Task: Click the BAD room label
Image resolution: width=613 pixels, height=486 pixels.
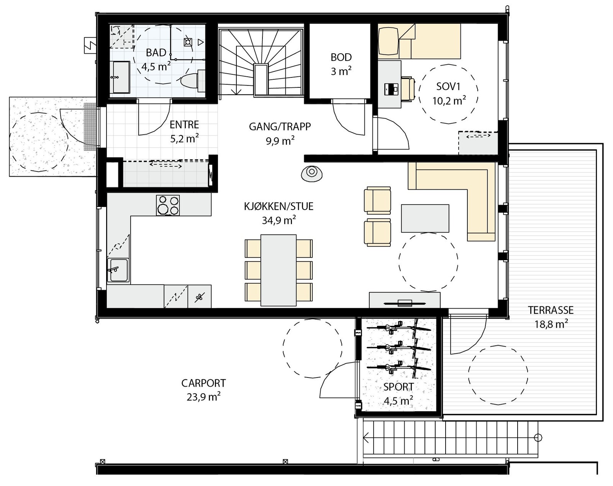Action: click(x=156, y=53)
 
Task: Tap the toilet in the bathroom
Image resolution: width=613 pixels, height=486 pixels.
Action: click(x=191, y=81)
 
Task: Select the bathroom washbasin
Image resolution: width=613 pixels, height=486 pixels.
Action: click(x=121, y=77)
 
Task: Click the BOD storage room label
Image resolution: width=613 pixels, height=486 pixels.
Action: click(x=341, y=57)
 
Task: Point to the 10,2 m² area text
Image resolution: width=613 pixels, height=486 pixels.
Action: click(x=449, y=101)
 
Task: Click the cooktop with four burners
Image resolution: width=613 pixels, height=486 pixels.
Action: click(x=168, y=205)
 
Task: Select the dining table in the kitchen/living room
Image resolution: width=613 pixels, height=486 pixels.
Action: click(x=278, y=270)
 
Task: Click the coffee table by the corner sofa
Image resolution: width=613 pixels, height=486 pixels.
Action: click(x=425, y=218)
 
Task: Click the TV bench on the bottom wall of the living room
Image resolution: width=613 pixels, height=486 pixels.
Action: click(x=405, y=300)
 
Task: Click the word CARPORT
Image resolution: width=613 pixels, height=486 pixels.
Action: click(x=203, y=383)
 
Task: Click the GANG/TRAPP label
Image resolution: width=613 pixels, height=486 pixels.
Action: click(x=280, y=126)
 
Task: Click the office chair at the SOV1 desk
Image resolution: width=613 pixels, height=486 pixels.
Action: click(x=408, y=89)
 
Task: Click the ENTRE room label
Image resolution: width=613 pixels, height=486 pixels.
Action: click(x=184, y=125)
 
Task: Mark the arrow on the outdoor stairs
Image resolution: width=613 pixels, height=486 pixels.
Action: click(x=367, y=437)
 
